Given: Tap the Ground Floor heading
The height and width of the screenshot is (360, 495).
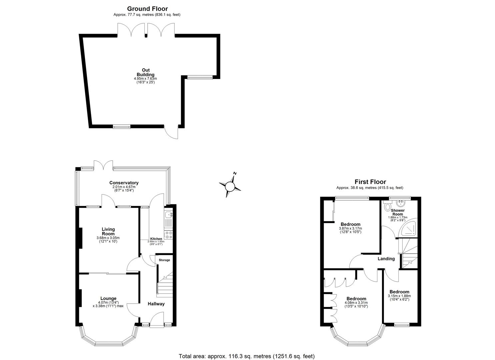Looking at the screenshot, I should pos(147,9).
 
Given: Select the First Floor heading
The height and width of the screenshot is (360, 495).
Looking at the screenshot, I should pos(370,182).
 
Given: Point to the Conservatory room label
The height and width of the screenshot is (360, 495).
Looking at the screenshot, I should pos(124,183).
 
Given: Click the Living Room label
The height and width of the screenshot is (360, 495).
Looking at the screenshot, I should pos(108,231).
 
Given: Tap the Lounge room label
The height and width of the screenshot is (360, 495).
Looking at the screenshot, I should pos(108,298).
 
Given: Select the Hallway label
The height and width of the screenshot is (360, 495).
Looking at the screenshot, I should pos(156,304).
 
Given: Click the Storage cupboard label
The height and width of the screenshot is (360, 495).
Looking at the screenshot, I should pos(164,260).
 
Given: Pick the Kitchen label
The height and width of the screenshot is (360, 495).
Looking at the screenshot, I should pos(156,239).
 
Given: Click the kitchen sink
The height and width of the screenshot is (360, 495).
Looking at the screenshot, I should pos(169,215).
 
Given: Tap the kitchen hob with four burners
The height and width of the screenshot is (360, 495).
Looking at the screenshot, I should pos(168,235).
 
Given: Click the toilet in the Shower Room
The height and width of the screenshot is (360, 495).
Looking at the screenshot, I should pos(387,206).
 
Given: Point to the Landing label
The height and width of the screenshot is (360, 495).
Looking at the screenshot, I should pos(386,259).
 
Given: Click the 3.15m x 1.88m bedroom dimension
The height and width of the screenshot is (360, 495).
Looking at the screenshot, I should pos(399,296).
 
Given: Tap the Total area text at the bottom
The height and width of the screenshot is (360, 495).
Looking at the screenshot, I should pos(247,356).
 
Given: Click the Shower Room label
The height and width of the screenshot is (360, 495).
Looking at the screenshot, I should pos(398,212).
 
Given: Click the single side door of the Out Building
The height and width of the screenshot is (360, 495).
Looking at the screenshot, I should pos(172,132).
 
